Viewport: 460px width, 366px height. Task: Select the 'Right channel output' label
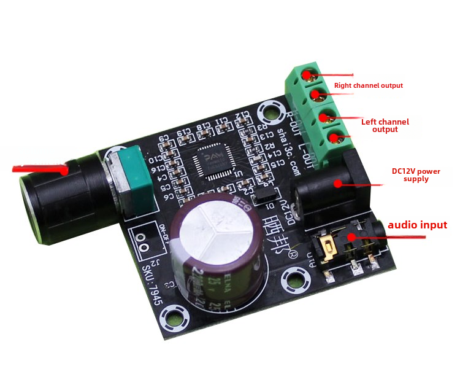(x=368, y=85)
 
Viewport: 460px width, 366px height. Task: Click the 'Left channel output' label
(x=385, y=125)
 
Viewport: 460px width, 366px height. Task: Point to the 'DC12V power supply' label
(x=416, y=174)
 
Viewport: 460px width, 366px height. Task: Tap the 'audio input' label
(x=416, y=225)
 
